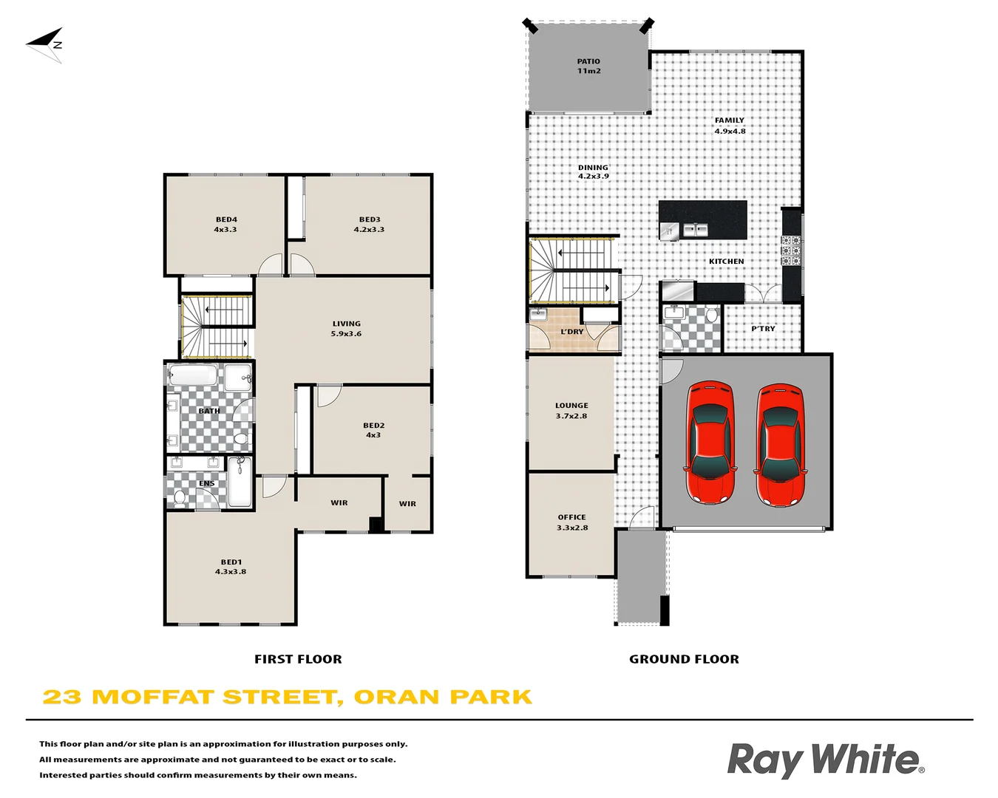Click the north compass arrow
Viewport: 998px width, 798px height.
click(x=45, y=44)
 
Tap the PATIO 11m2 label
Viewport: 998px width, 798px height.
click(x=588, y=66)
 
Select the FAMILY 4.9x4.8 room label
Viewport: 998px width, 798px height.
click(x=730, y=126)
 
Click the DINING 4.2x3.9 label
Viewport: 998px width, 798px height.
click(x=593, y=172)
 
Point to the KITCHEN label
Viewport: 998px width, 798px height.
click(x=726, y=262)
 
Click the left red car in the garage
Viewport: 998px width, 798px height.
click(x=710, y=443)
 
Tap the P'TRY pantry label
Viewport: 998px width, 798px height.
click(x=763, y=329)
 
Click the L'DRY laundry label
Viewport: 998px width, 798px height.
click(x=571, y=332)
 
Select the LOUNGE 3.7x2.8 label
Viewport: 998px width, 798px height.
click(x=571, y=411)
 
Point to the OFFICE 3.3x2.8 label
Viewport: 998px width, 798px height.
click(x=571, y=522)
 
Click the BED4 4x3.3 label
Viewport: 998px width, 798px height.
click(x=226, y=225)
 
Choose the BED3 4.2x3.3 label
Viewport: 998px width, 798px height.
click(x=369, y=225)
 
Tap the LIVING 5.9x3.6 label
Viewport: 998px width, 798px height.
click(x=346, y=329)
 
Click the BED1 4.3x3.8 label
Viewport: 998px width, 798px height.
click(x=231, y=567)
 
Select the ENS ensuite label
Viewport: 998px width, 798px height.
click(x=206, y=484)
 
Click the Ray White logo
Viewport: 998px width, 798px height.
click(x=825, y=760)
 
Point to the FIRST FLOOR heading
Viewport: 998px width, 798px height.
click(x=298, y=659)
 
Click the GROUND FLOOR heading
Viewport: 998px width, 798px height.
click(x=684, y=659)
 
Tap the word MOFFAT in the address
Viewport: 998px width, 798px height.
click(x=153, y=698)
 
